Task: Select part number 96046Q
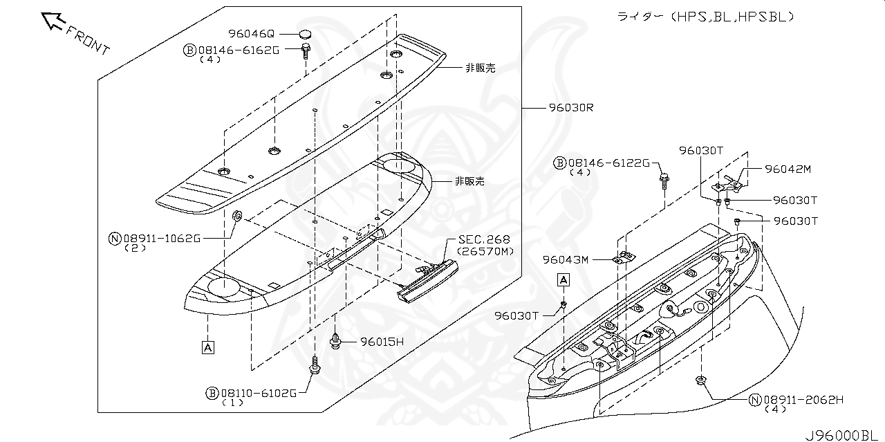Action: [252, 33]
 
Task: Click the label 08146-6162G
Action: [238, 50]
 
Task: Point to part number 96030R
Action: [572, 108]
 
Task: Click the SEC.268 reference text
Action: [484, 240]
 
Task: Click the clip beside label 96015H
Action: [335, 340]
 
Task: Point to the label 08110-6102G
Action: [259, 393]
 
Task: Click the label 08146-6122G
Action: [608, 163]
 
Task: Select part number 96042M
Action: [788, 169]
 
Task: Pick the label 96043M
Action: [565, 259]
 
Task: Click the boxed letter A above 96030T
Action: [564, 279]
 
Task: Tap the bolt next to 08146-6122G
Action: [664, 181]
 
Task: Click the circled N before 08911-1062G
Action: [115, 239]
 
